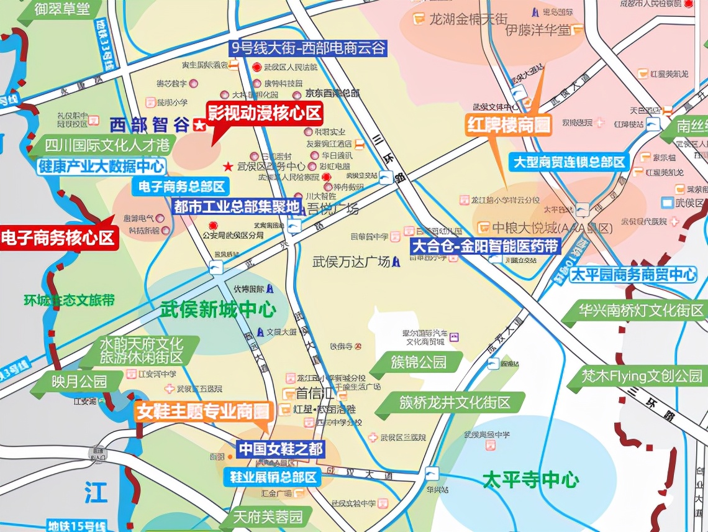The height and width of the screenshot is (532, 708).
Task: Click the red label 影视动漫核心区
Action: coord(265,113)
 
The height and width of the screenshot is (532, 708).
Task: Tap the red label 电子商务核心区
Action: coord(58,238)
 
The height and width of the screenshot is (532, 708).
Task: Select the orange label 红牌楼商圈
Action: coord(509,126)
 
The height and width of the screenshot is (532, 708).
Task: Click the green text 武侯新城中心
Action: coord(218,310)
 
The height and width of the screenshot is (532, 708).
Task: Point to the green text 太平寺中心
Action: coord(531,480)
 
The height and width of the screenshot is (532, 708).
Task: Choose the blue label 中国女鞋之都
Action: coord(281,448)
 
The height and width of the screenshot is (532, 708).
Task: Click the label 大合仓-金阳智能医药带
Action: coord(486,246)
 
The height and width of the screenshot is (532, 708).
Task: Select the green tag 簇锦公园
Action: coord(419,362)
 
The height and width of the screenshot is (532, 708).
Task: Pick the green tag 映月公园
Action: coord(79,381)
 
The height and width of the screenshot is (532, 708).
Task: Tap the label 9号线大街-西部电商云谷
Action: coord(308,48)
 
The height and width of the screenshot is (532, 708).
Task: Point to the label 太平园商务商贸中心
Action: coord(633,275)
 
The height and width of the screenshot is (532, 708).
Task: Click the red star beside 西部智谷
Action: coord(199,126)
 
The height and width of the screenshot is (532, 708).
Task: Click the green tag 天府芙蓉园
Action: coord(268,516)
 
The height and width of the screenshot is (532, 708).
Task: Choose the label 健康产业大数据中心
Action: coord(101,167)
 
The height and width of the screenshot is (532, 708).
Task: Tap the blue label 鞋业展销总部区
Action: coord(272,477)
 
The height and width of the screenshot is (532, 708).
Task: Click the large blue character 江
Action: coord(96,495)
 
